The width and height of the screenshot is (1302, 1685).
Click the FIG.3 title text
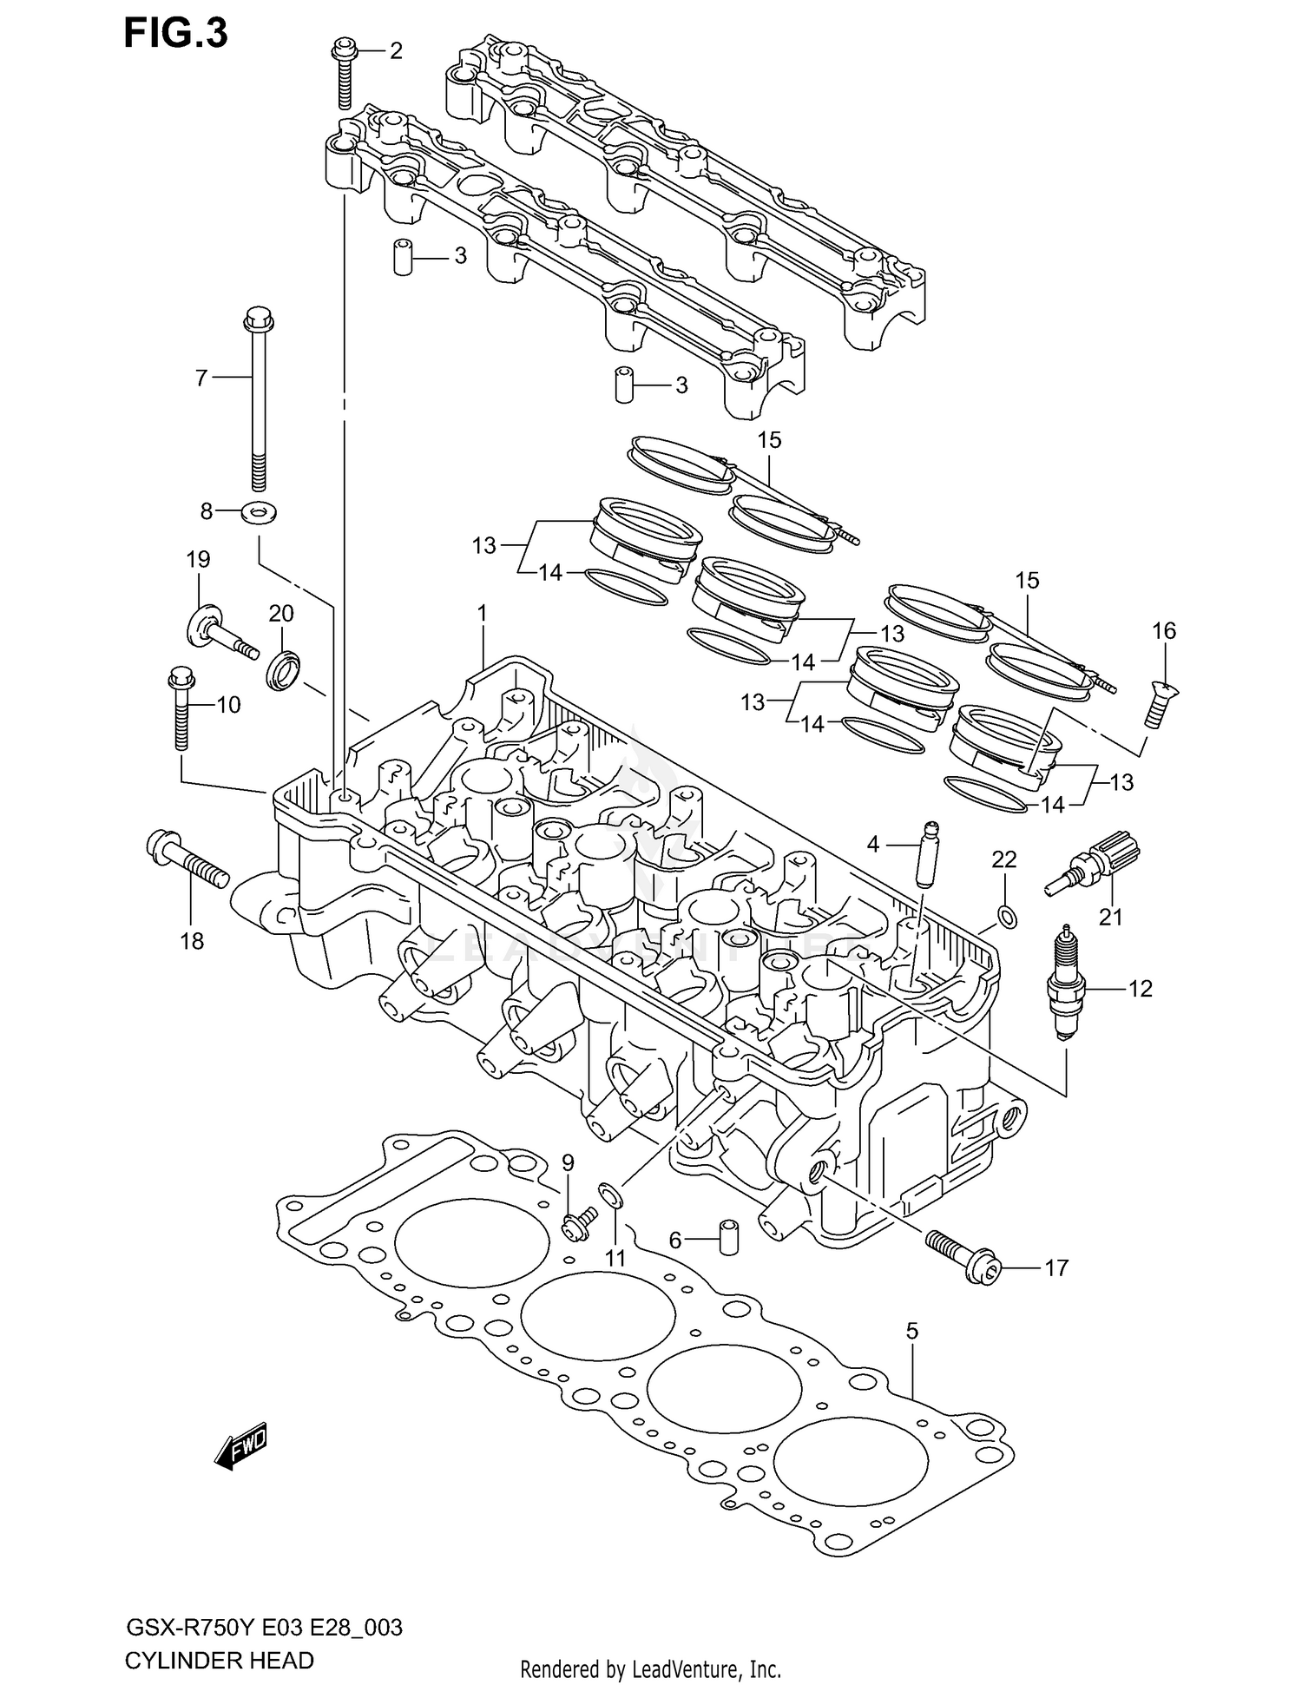[x=176, y=34]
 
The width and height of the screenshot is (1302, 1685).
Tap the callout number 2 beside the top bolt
[x=396, y=51]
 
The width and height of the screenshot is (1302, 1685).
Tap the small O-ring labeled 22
[x=1007, y=916]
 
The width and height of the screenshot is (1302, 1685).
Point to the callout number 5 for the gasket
[x=912, y=1330]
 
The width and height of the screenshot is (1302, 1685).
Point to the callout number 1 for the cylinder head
[x=482, y=614]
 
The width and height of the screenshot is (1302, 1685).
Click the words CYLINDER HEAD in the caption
[x=220, y=1660]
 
